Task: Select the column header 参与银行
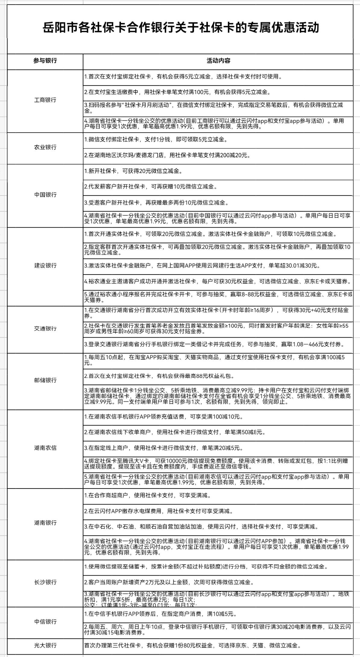click(45, 61)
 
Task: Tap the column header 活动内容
click(218, 61)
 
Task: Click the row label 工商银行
click(45, 100)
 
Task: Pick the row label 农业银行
click(45, 147)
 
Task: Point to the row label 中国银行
click(45, 195)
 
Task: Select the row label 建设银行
click(45, 266)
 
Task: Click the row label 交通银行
click(45, 329)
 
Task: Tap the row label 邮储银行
click(45, 380)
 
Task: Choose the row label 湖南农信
click(45, 448)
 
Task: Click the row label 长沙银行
click(45, 582)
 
